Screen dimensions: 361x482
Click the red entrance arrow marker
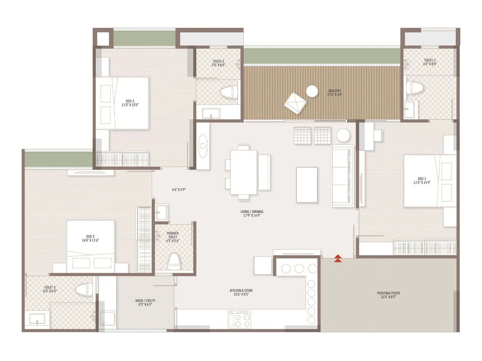(x=338, y=258)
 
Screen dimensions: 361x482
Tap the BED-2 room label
(x=130, y=103)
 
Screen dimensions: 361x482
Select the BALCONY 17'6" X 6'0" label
(x=335, y=93)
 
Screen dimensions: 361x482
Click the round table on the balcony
(x=312, y=91)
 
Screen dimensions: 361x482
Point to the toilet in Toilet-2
(x=229, y=92)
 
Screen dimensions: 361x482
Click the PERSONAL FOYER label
(x=388, y=295)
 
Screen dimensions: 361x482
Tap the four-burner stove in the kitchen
(x=239, y=319)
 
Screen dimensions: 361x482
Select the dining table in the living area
(x=243, y=172)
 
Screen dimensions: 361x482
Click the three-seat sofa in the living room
(x=343, y=176)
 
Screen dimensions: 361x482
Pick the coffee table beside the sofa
(x=307, y=185)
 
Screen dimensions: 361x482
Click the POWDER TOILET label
(x=173, y=237)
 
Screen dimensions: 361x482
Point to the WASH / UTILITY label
(x=145, y=302)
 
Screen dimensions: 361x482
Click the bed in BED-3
(x=90, y=244)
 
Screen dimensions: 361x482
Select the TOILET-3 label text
(x=50, y=289)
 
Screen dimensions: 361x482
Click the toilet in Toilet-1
(x=415, y=87)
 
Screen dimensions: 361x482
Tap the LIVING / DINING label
(x=252, y=214)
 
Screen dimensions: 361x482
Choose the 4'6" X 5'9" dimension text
(x=179, y=190)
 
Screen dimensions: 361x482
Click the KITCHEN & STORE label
(x=241, y=292)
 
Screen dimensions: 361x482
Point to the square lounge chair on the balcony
(x=295, y=103)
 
